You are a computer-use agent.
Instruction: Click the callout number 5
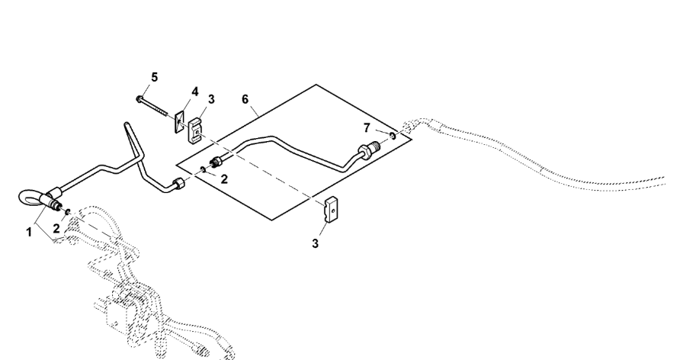point(154,78)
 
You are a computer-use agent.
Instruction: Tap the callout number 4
point(195,92)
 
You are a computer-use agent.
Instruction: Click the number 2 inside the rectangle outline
point(223,179)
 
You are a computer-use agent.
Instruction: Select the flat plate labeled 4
point(181,122)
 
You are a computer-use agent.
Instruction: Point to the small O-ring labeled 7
point(391,135)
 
